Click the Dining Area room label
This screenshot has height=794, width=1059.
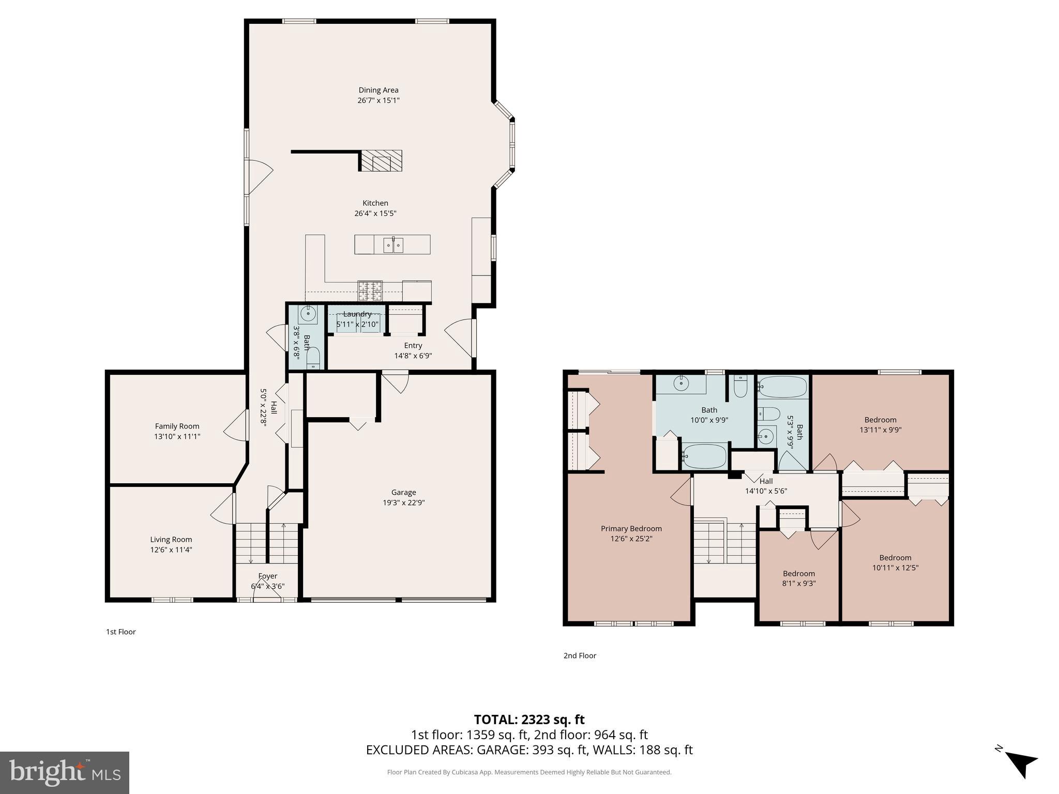coord(379,90)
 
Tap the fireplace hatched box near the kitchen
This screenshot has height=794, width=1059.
coord(381,161)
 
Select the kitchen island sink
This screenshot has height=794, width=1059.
coord(393,245)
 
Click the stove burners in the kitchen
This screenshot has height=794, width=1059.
coord(370,291)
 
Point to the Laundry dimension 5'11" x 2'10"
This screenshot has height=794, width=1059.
coord(357,325)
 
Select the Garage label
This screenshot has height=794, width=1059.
coord(403,492)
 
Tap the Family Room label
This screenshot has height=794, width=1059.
coord(177,426)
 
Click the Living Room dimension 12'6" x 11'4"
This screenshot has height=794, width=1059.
coord(171,549)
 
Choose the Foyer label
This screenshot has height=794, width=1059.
coord(268,576)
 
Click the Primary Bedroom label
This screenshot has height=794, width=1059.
coord(631,528)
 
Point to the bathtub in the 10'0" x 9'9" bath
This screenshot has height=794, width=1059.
coord(704,456)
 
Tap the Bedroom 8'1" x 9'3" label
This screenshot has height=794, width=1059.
coord(798,573)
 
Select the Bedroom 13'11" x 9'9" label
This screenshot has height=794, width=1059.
coord(880,420)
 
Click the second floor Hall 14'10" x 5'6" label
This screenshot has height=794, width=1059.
coord(766,481)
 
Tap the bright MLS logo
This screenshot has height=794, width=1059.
coord(65,772)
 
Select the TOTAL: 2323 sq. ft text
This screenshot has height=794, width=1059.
coord(529,720)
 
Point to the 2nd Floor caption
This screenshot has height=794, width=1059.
coord(580,655)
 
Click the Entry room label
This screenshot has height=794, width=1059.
coord(413,345)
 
